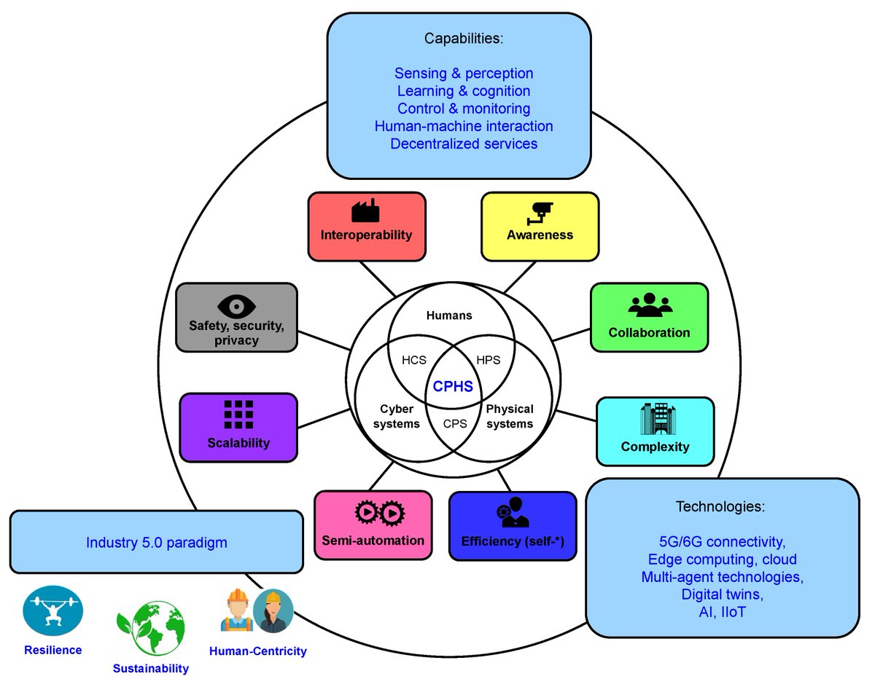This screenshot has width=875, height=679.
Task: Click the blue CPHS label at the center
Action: [x=452, y=387]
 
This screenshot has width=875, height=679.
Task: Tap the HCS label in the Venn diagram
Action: [x=413, y=359]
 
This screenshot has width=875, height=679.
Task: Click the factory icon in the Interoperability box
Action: [x=365, y=211]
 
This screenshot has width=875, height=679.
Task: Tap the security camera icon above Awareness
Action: [x=540, y=211]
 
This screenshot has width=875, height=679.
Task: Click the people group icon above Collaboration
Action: [x=648, y=306]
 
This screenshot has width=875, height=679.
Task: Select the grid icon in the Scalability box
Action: [x=238, y=415]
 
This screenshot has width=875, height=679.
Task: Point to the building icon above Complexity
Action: [x=654, y=418]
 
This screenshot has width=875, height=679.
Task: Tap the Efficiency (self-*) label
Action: [x=513, y=541]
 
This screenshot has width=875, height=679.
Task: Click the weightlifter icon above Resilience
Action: [x=53, y=613]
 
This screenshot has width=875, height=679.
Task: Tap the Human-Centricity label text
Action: [x=257, y=651]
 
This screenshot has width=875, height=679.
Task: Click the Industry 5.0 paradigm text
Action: [x=156, y=542]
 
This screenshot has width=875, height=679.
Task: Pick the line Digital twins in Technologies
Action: [x=721, y=594]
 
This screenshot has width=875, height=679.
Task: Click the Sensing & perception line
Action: [x=464, y=74]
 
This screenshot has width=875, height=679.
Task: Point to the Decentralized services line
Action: [x=464, y=144]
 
